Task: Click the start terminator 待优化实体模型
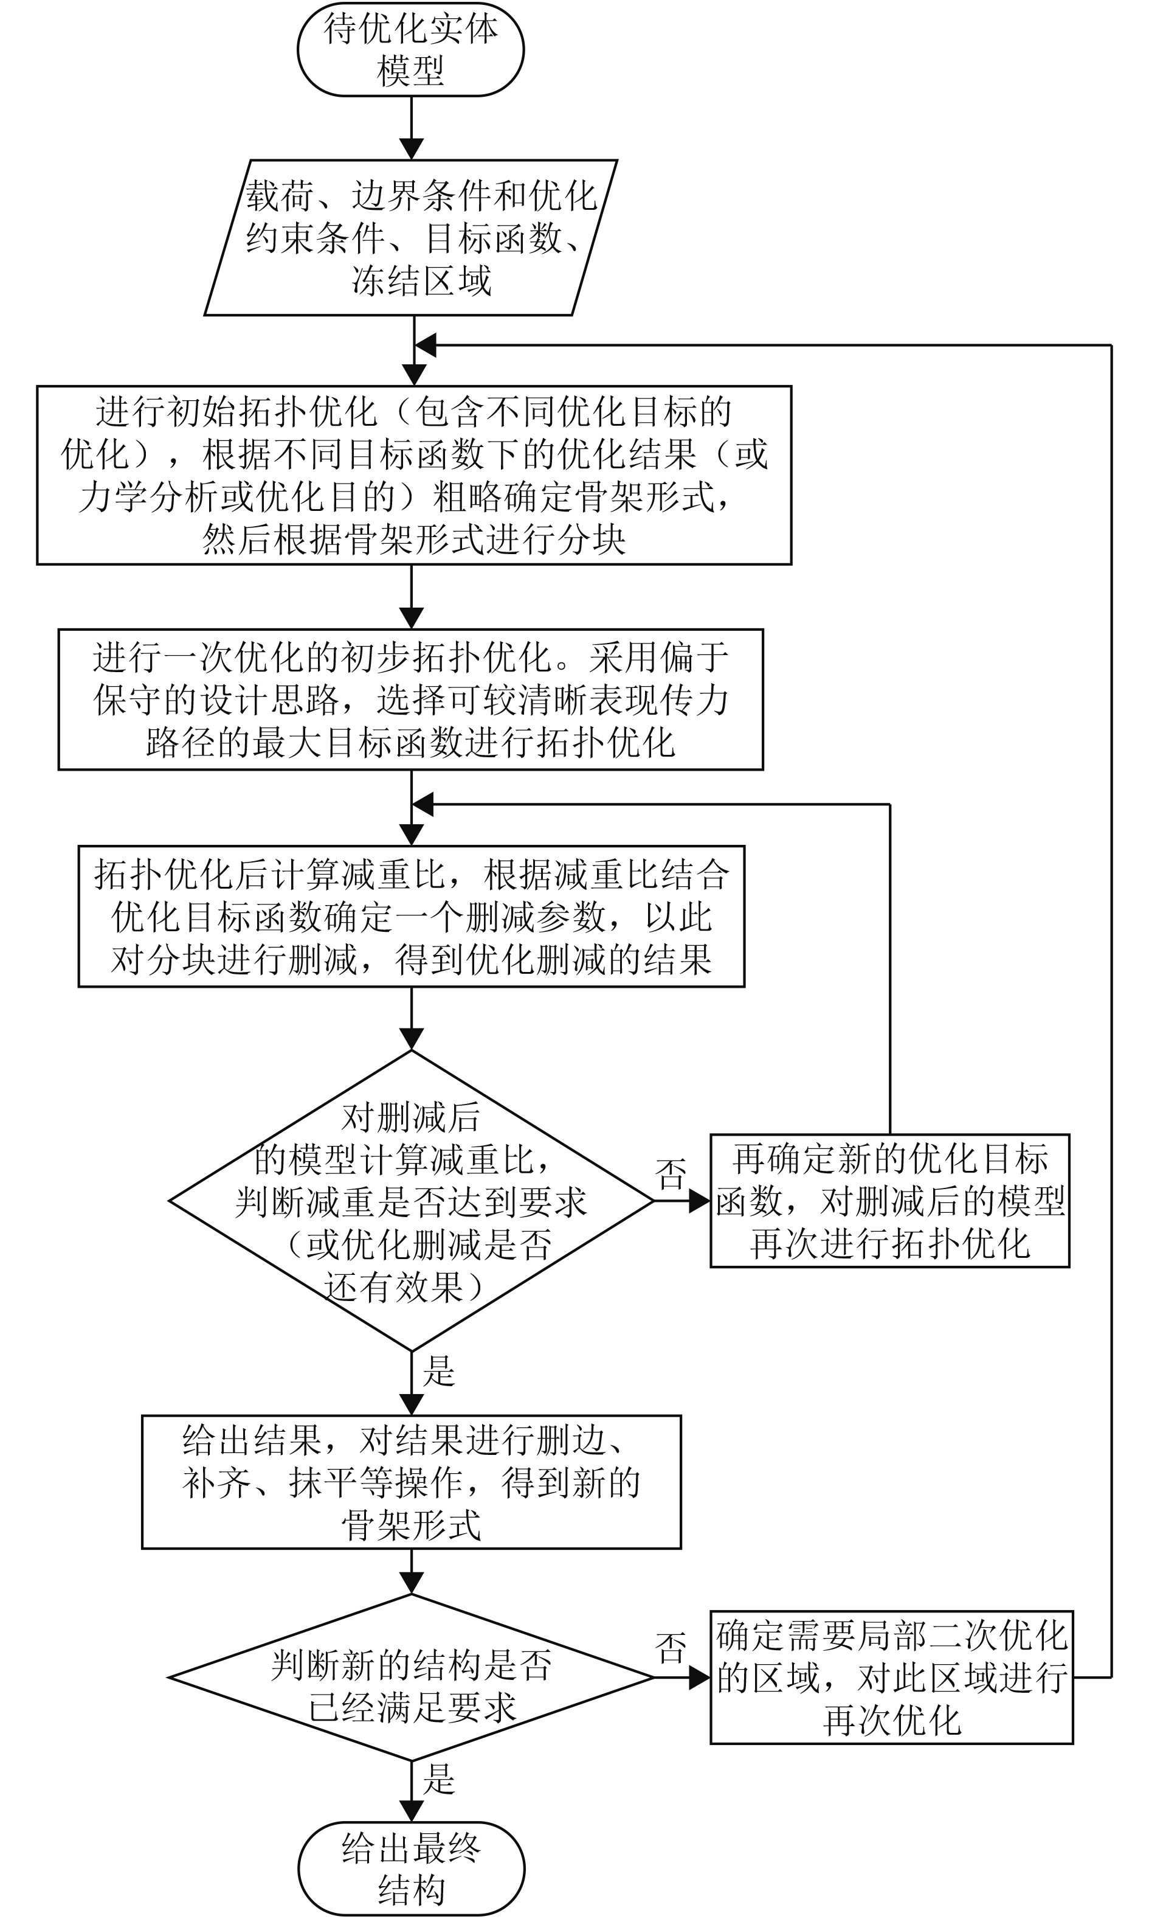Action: [410, 49]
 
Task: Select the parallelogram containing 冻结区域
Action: [411, 237]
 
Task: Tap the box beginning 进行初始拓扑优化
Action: [414, 474]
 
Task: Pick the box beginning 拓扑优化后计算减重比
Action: [411, 915]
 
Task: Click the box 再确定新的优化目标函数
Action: [889, 1200]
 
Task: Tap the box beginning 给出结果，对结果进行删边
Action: [411, 1482]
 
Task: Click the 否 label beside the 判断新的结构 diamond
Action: [671, 1647]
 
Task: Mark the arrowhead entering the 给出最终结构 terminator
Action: [411, 1810]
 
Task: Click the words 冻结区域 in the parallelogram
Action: [422, 280]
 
